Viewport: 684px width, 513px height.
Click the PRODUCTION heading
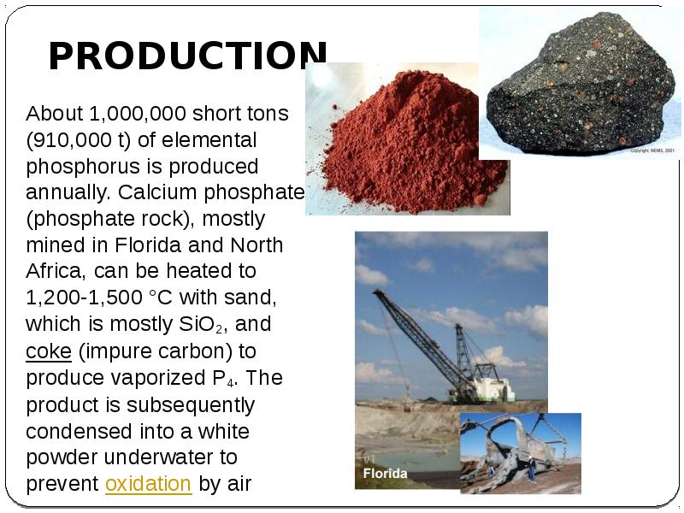(x=187, y=56)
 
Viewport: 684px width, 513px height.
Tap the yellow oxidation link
(x=148, y=483)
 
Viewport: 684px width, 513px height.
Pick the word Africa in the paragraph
(x=55, y=271)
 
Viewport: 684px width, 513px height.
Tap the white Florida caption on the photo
(x=386, y=473)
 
